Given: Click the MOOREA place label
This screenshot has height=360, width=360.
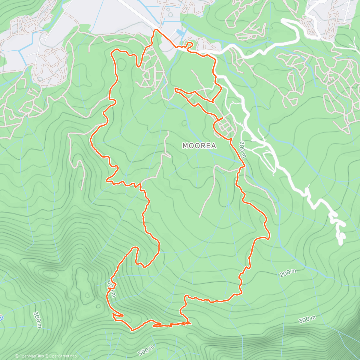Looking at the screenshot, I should click(199, 146).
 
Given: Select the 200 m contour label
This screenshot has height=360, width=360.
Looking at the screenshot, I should click(288, 273).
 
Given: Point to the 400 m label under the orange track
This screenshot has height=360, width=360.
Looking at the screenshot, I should click(111, 289).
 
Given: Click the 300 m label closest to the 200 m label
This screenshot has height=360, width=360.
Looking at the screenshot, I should click(307, 320).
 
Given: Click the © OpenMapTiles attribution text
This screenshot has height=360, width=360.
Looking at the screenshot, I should click(29, 356).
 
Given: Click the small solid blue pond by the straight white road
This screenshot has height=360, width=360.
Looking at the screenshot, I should click(179, 32).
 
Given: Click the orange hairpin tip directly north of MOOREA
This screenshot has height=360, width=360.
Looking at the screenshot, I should click(175, 89).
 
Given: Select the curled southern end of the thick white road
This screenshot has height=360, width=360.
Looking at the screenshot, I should click(341, 240).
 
